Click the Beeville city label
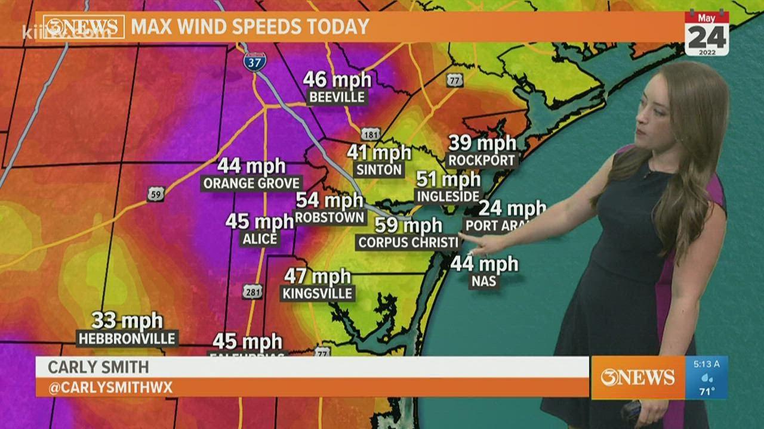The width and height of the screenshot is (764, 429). point(337,97)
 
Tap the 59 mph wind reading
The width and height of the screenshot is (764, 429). point(408,225)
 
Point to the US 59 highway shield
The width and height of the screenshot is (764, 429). point(156,194)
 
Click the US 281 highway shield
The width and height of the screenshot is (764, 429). point(252,291)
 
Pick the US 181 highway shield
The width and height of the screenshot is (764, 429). point(371,135)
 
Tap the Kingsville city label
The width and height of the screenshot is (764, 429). point(318,293)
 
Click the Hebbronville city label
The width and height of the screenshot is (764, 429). point(128,338)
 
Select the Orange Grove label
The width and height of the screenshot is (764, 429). point(251,184)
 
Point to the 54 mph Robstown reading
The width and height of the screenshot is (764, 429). point(329,201)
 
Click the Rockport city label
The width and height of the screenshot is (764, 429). point(482,160)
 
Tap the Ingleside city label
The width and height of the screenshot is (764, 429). point(448,196)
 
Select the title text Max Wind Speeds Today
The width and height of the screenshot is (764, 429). point(250,27)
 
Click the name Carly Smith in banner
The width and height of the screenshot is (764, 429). point(98,367)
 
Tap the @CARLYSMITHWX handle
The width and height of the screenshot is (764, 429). point(110,388)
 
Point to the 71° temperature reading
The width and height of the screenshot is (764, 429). point(707,391)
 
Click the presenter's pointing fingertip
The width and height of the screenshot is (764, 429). point(463,237)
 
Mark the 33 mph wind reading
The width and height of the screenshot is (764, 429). point(127,321)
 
